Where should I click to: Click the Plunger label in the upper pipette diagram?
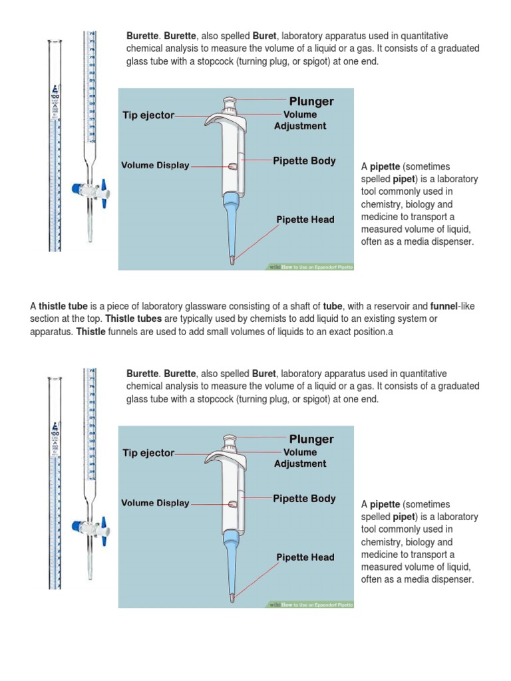click(311, 102)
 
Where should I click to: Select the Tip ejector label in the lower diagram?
click(148, 453)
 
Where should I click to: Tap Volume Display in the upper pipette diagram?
click(155, 166)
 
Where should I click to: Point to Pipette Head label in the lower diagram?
click(305, 557)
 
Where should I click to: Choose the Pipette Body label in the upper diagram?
click(304, 161)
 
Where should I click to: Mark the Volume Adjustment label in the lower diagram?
click(300, 458)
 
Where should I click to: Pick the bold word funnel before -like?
click(443, 306)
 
